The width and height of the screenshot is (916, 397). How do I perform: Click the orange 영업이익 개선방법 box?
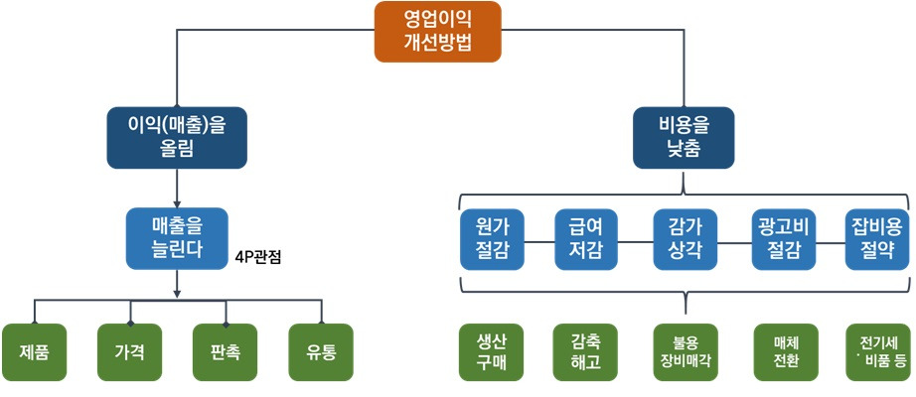pos(437,32)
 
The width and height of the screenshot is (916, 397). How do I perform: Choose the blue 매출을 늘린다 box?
pos(177,237)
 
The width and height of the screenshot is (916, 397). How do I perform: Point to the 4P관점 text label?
pos(259,257)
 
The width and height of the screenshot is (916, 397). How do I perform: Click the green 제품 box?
pos(35,352)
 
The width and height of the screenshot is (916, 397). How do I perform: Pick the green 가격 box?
pos(129,352)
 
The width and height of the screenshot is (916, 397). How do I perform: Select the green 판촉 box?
pos(226,352)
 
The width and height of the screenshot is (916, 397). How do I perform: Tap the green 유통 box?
pos(322,352)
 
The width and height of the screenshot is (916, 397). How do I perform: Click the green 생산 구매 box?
pos(492,352)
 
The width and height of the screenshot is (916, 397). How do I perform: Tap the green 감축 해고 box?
pos(586,352)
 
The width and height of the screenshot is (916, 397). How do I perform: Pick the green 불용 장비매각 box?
pos(684,352)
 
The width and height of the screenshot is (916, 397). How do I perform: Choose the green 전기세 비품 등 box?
pos(878,352)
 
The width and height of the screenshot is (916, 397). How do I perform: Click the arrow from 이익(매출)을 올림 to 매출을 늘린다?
pos(176,186)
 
